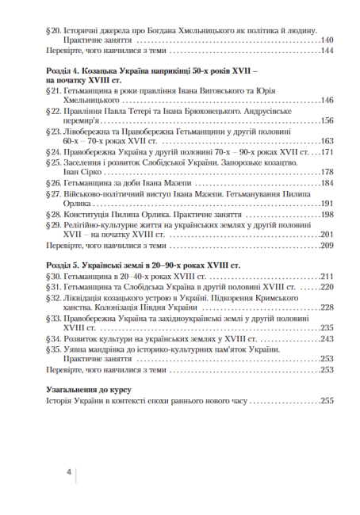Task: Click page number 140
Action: click(325, 39)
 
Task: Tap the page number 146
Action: click(325, 101)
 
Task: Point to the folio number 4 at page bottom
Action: click(69, 473)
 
